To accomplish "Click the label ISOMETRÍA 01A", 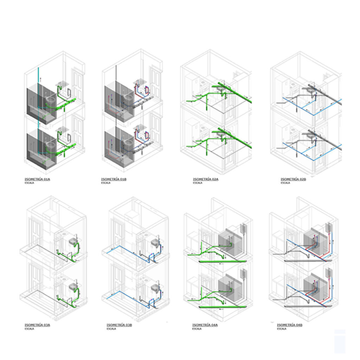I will point(38,179).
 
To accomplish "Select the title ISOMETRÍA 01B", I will point(114,179).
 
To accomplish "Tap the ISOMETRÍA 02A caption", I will point(206,179).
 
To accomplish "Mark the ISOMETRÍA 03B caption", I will point(119,325).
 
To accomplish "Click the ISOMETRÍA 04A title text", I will point(205,325).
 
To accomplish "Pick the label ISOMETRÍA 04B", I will point(290,325).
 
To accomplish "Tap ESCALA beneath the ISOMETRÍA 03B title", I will point(111,328).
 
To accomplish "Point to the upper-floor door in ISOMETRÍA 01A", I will point(77,84).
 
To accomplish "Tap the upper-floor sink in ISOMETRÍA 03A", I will point(73,241).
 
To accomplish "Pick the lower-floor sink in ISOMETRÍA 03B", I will point(155,288).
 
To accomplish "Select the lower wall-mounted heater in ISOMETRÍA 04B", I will point(329,272).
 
